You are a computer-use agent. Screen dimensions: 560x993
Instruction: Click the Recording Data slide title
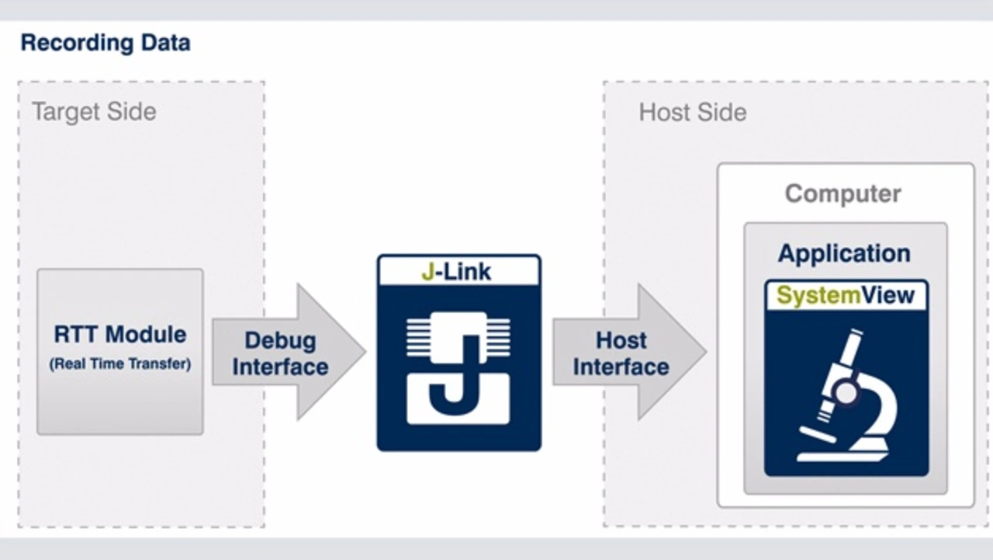pyautogui.click(x=106, y=43)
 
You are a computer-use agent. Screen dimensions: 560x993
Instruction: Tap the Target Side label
pyautogui.click(x=94, y=112)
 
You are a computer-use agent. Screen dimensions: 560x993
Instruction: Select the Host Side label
pyautogui.click(x=693, y=113)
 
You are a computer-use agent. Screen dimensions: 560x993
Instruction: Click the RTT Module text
pyautogui.click(x=120, y=335)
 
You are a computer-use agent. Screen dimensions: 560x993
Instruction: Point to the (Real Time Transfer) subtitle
pyautogui.click(x=120, y=363)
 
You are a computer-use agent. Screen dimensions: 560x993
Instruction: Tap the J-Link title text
pyautogui.click(x=458, y=272)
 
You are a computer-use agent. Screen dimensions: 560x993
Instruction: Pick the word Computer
pyautogui.click(x=843, y=193)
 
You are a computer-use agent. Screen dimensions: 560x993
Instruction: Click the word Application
pyautogui.click(x=844, y=254)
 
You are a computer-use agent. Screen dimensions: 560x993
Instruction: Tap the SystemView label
pyautogui.click(x=846, y=296)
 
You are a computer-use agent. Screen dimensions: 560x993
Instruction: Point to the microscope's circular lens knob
pyautogui.click(x=846, y=393)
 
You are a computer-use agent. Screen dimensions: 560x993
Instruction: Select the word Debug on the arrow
pyautogui.click(x=280, y=340)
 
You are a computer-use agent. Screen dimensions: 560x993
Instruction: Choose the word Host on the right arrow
pyautogui.click(x=621, y=340)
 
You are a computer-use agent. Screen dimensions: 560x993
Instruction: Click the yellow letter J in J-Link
pyautogui.click(x=427, y=272)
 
